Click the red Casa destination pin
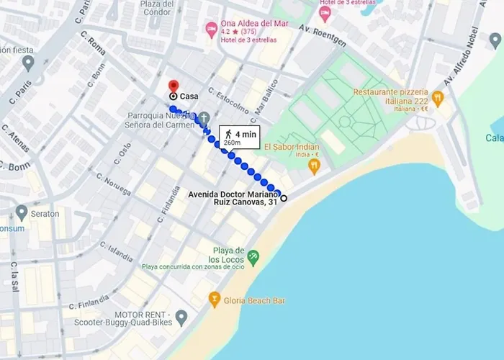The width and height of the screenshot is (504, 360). [x=173, y=85]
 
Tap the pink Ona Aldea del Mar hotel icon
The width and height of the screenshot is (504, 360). [x=211, y=30]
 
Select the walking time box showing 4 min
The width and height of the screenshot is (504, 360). [x=238, y=137]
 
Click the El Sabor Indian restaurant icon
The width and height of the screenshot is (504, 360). [x=313, y=166]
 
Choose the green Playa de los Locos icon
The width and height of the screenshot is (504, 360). [x=253, y=256]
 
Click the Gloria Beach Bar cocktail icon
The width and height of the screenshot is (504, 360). [x=214, y=298]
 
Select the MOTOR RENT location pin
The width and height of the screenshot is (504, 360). [x=181, y=316]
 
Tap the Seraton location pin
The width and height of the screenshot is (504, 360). [x=22, y=212]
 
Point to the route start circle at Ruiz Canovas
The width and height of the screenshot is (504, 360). [x=284, y=198]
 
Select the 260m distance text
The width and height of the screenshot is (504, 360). [x=233, y=143]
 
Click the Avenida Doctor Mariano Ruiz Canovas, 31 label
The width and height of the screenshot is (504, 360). [x=232, y=198]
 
